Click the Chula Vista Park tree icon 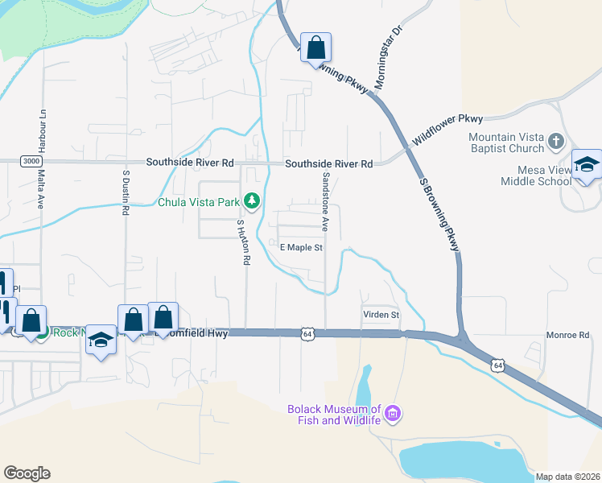coord(252,200)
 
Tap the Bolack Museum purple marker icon coord(393,415)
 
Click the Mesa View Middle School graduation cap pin coord(587,165)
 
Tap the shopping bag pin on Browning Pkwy coord(316,47)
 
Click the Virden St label coord(380,314)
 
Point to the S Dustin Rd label coord(126,192)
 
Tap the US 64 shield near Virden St coord(307,332)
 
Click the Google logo coord(27,473)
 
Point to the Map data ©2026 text coord(567,477)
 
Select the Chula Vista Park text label coord(199,202)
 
